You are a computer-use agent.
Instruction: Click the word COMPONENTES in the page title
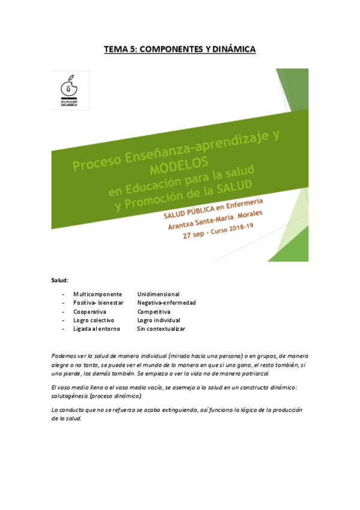tap(168, 49)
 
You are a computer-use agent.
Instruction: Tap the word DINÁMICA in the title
tap(232, 49)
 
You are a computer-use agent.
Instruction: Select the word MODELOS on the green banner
tap(178, 163)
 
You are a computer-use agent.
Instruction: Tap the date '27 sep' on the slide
tap(198, 236)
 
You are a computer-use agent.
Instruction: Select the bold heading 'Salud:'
tap(59, 280)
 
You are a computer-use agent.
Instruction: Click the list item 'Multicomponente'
tap(97, 294)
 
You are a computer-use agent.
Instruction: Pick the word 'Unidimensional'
tap(158, 294)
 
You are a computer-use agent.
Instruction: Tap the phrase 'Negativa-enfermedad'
tap(166, 303)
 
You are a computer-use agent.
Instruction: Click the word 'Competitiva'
tap(153, 312)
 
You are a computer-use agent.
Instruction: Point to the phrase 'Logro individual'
tap(158, 321)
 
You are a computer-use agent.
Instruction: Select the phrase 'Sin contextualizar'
tap(161, 329)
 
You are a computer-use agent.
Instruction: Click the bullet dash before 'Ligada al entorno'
tap(63, 329)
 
